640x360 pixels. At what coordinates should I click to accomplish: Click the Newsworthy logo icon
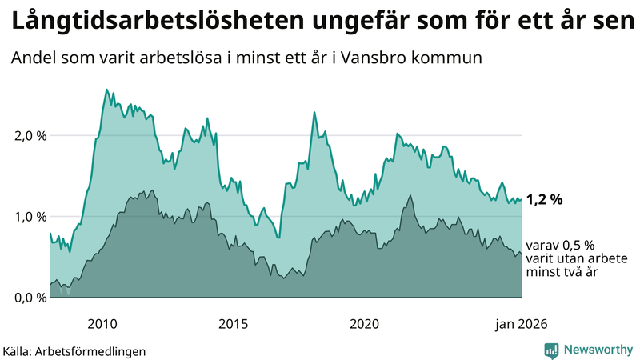(551, 350)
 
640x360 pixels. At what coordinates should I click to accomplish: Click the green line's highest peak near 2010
(107, 90)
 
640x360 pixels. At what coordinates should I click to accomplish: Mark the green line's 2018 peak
(314, 112)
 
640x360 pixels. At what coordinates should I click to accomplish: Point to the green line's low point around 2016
(278, 238)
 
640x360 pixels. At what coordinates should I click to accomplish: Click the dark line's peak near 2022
(410, 195)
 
